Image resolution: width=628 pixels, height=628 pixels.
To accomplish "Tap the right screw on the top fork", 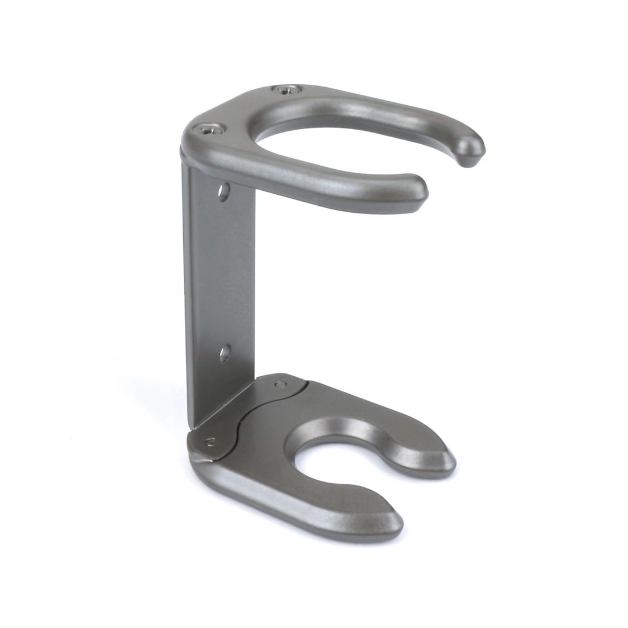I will point(285,90).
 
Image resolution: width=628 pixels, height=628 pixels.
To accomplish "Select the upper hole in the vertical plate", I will point(223,191).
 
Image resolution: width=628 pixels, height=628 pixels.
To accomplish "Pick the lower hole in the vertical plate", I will point(224,353).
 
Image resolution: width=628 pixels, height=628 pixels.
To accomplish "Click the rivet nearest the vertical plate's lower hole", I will point(280,384).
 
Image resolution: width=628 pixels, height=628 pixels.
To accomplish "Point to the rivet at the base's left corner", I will point(210,442).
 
